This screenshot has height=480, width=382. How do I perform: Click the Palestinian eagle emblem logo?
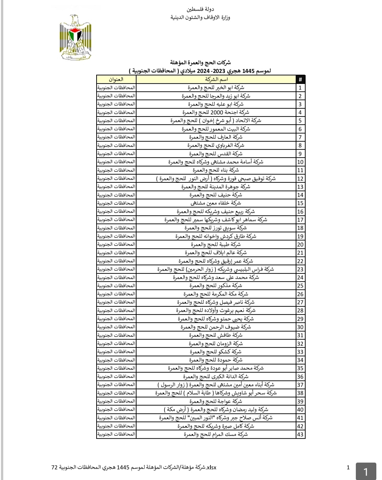(75, 37)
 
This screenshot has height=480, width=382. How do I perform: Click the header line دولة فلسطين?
(200, 9)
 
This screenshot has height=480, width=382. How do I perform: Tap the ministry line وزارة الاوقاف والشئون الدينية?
(200, 17)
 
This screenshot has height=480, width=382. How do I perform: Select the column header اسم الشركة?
(216, 79)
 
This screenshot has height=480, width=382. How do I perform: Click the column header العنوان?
(116, 79)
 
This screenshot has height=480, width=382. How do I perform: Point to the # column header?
(300, 79)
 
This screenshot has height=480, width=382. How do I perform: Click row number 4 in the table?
(300, 113)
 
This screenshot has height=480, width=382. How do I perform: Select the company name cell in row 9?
(216, 154)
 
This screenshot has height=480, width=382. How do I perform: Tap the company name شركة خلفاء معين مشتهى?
(216, 203)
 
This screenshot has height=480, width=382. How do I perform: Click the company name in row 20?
(216, 244)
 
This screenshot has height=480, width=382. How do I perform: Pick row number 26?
(300, 294)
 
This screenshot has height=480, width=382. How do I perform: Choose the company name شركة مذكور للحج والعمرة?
(216, 286)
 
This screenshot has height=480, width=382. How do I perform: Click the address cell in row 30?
(116, 327)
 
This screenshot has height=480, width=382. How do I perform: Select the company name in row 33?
(216, 352)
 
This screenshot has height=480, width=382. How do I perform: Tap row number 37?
(300, 385)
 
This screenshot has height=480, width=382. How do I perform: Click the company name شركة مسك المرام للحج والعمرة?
(216, 434)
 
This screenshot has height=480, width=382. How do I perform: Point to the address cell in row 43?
(116, 434)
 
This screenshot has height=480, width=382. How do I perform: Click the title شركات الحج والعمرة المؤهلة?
(200, 63)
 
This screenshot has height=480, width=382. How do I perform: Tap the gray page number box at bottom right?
(366, 471)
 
